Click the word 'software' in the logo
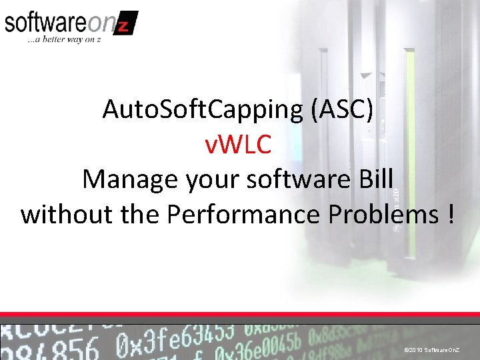click(x=45, y=23)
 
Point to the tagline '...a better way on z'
click(x=63, y=41)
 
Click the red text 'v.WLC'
click(x=238, y=145)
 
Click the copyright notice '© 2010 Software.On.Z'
click(x=436, y=349)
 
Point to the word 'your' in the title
click(x=199, y=181)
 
